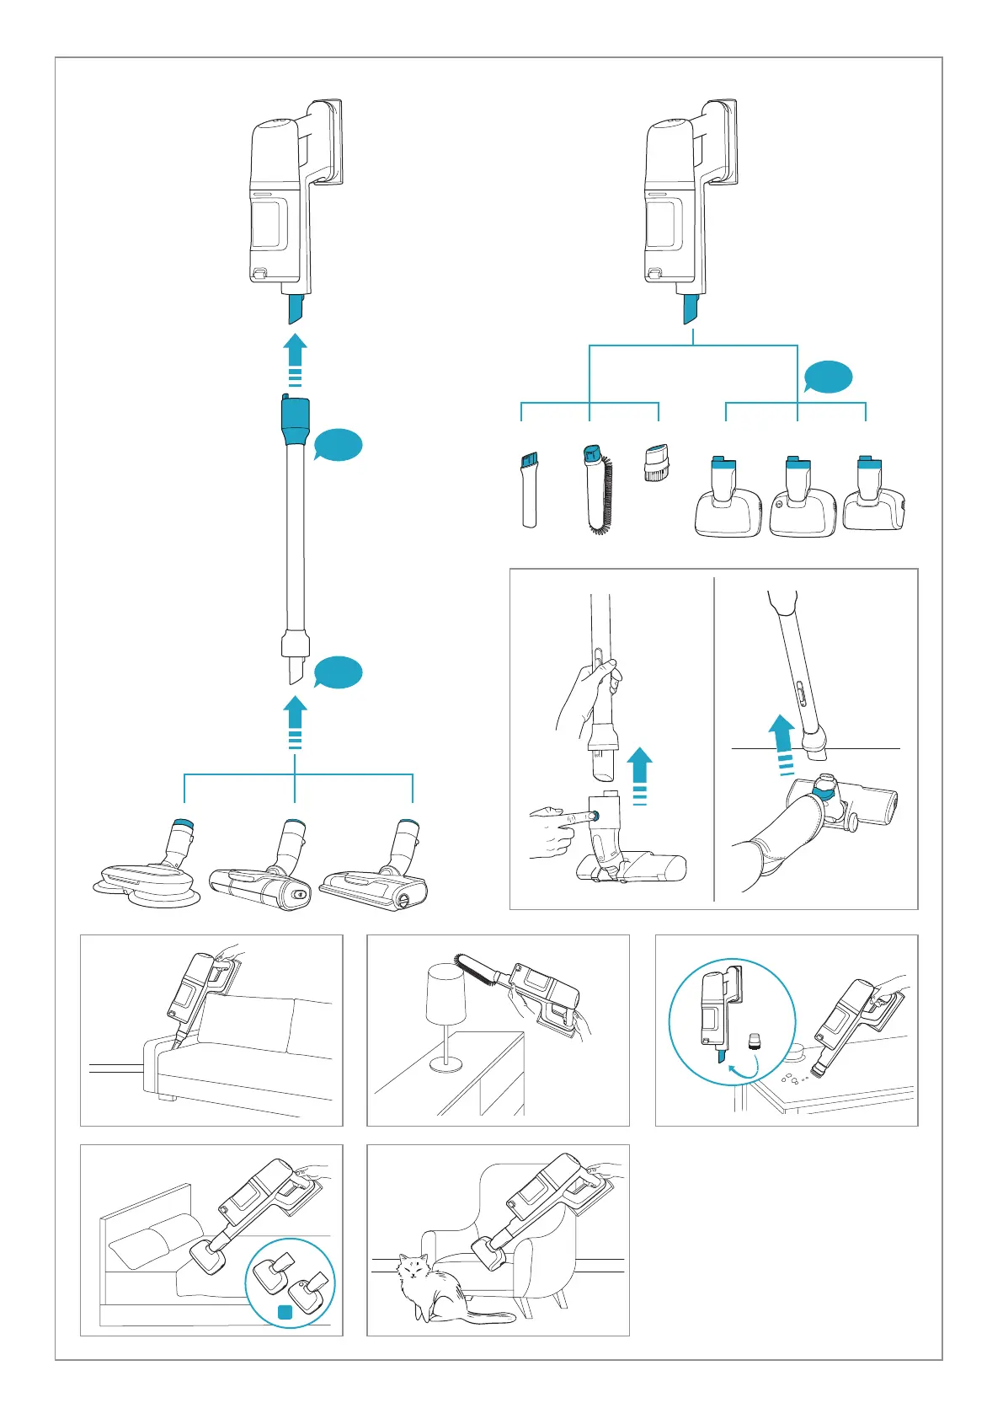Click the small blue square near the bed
[285, 1312]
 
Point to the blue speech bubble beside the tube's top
[338, 444]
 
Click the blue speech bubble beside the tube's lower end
[338, 672]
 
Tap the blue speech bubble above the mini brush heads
[828, 377]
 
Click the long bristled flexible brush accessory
[599, 492]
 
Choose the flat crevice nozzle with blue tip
[529, 490]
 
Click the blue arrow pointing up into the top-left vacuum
[294, 358]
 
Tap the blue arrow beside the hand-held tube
[640, 774]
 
